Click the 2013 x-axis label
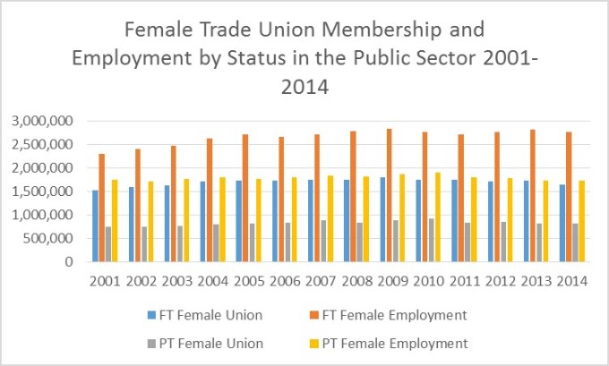(x=536, y=281)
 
